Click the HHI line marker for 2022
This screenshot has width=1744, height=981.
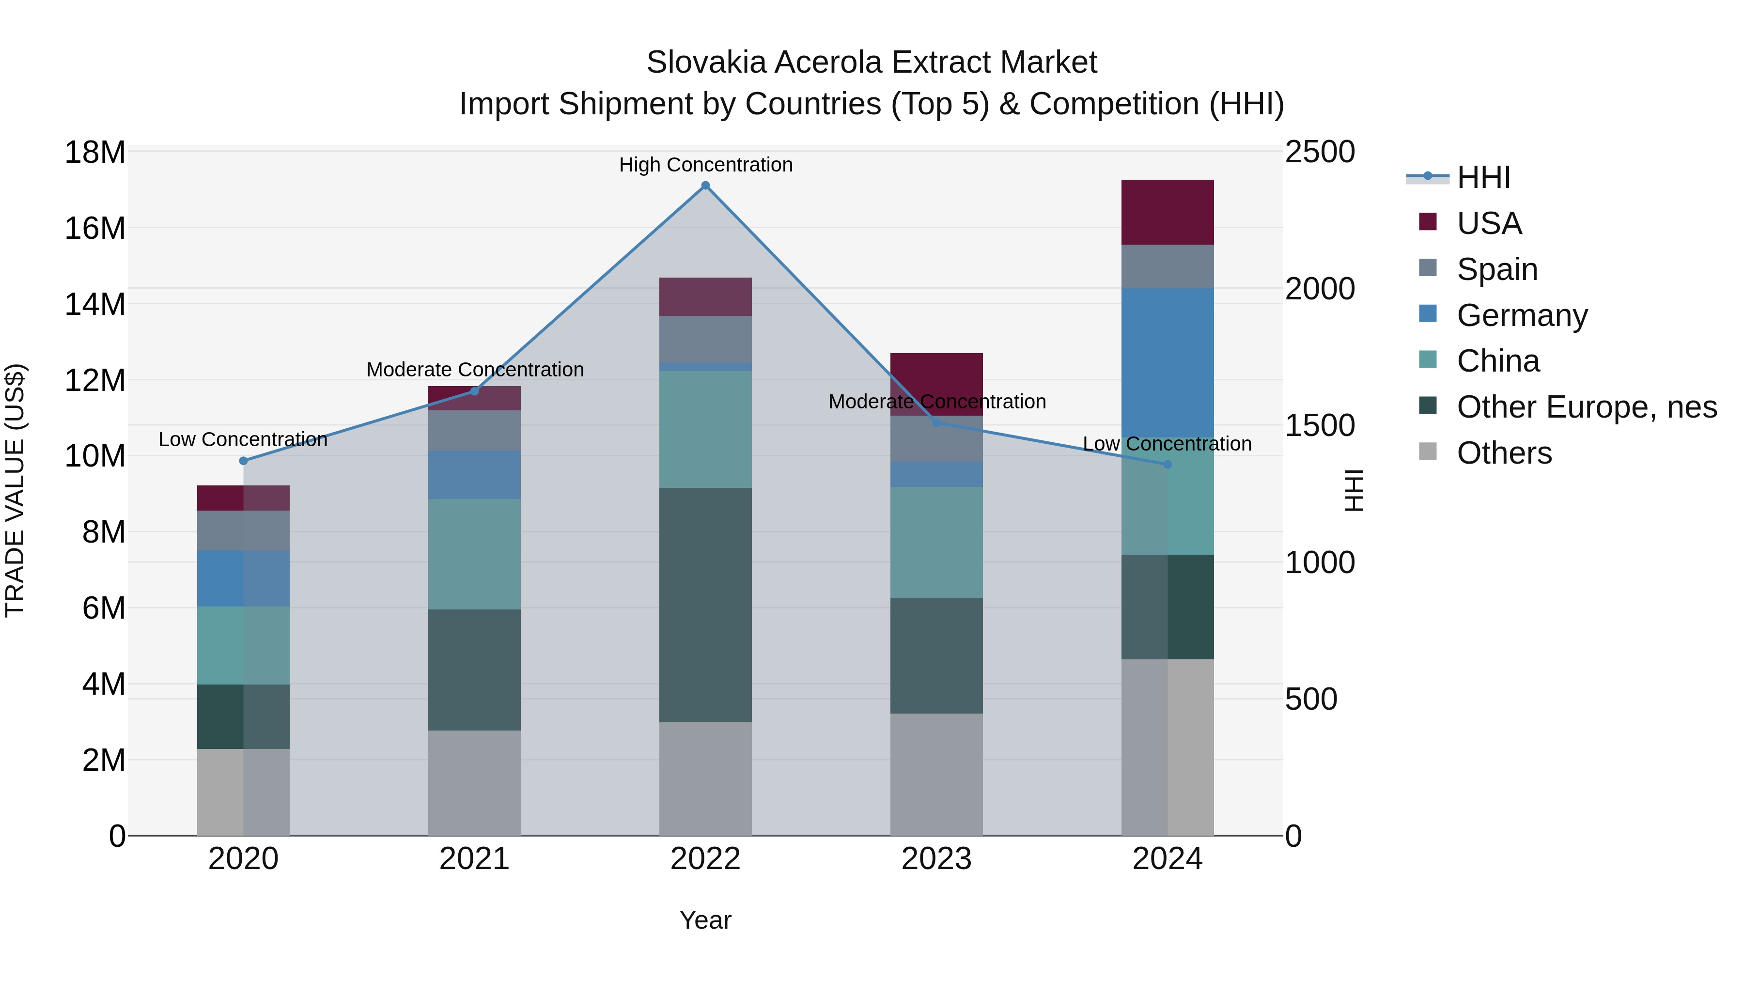click(705, 186)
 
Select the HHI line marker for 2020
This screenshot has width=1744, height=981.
click(244, 461)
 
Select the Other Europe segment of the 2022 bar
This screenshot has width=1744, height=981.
click(705, 605)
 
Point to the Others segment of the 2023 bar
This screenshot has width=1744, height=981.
click(936, 774)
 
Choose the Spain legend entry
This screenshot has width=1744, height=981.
click(1497, 269)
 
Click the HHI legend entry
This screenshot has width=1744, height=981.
click(1483, 177)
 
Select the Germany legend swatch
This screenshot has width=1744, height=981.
click(1428, 314)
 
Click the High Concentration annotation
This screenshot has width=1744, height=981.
click(705, 165)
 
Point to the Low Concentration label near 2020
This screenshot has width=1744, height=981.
click(243, 439)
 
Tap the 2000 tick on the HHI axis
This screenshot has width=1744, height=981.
click(1320, 289)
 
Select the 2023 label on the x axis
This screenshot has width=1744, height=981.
click(936, 859)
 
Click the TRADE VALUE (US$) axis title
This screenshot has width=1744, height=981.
click(15, 490)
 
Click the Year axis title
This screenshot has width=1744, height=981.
click(705, 920)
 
